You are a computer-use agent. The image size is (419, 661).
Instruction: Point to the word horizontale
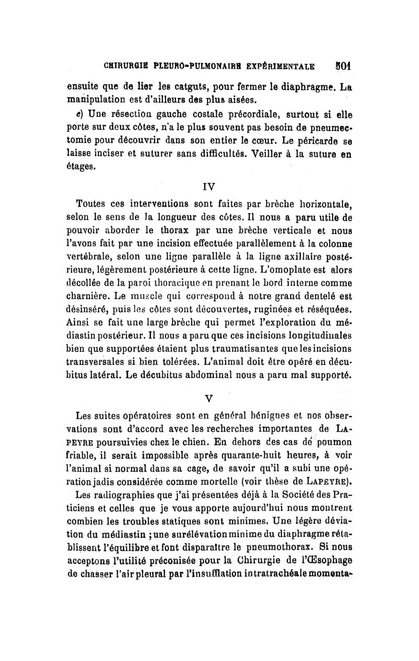click(321, 204)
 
